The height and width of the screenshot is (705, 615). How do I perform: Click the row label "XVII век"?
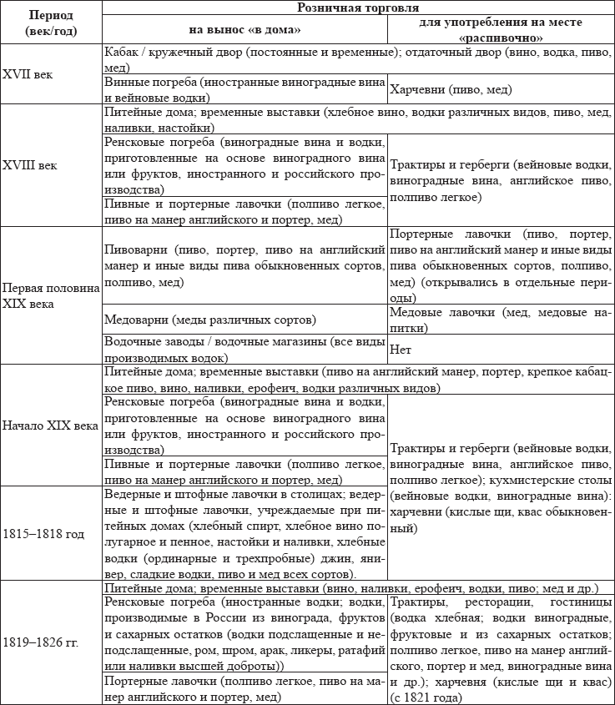pyautogui.click(x=28, y=73)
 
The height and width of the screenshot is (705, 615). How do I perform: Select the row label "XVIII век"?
pyautogui.click(x=30, y=165)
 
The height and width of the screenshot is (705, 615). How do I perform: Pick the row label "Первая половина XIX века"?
pyautogui.click(x=50, y=295)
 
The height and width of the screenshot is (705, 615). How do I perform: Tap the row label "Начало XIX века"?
pyautogui.click(x=49, y=426)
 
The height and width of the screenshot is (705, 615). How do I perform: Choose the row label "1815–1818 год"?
pyautogui.click(x=44, y=533)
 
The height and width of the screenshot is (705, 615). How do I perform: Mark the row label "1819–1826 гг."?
pyautogui.click(x=43, y=643)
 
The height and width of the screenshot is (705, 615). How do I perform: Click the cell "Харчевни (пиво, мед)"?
pyautogui.click(x=451, y=89)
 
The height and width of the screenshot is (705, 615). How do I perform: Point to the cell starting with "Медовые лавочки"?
pyautogui.click(x=501, y=320)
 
